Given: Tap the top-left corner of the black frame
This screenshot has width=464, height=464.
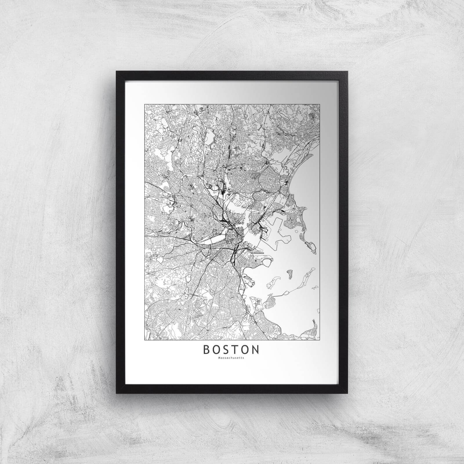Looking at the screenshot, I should click(x=117, y=71).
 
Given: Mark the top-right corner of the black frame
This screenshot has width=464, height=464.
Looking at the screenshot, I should click(x=348, y=71).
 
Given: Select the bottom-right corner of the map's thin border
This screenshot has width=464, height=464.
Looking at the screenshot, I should click(x=319, y=340).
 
